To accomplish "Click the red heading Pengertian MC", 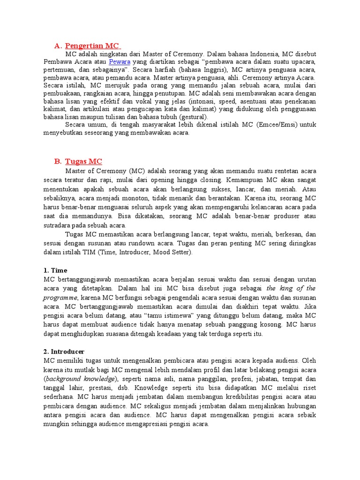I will point(92,45).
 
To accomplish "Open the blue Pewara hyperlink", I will point(120,61).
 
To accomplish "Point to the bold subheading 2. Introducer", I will point(64,351).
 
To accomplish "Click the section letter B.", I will point(58,161).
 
